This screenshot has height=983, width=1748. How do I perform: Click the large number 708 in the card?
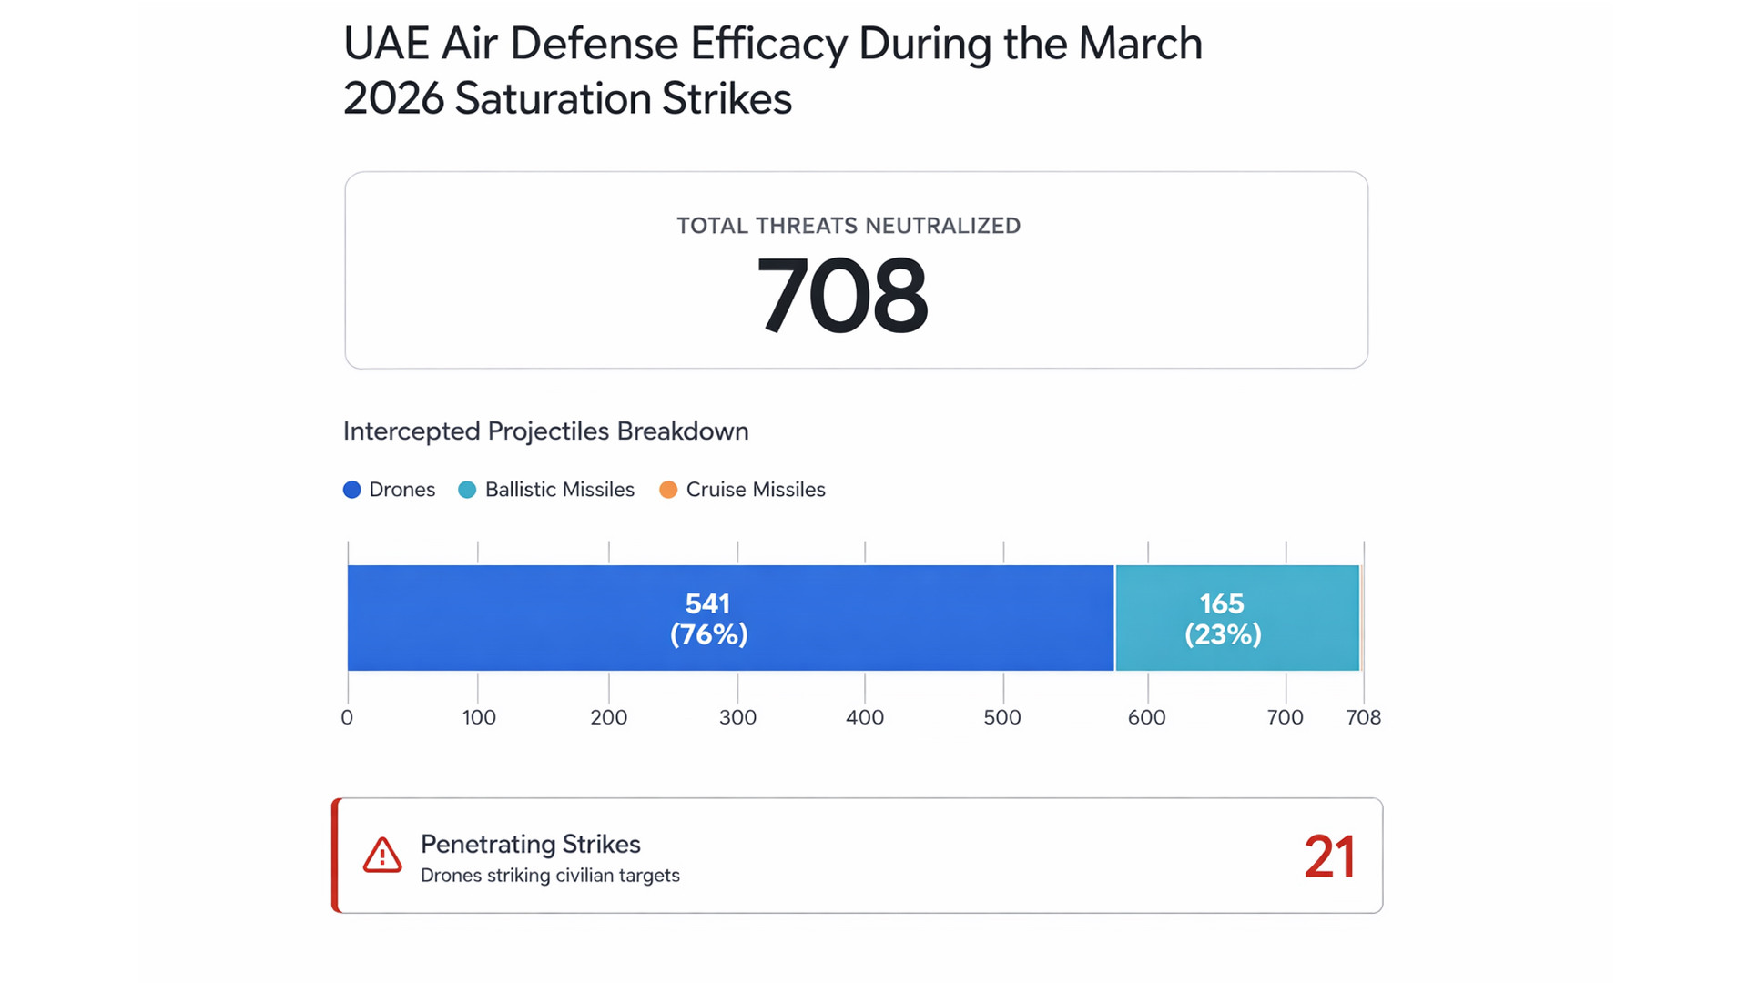842,296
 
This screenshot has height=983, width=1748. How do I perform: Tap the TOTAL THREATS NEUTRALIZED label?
849,226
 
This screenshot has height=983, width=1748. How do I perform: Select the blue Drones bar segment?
546,618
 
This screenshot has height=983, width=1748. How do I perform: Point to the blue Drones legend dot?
352,490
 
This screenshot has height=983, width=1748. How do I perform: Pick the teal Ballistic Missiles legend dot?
467,490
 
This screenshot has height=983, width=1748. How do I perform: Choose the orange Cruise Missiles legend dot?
668,490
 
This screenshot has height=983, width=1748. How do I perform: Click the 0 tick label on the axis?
347,717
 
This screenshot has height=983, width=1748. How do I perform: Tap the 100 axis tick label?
479,717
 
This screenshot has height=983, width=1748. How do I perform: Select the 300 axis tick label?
737,717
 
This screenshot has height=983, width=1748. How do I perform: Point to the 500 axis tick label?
1002,717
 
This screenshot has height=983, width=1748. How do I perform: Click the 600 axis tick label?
1147,717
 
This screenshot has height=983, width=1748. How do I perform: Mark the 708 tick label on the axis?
1364,717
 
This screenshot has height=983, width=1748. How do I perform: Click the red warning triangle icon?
382,856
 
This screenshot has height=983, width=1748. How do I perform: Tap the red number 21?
1329,856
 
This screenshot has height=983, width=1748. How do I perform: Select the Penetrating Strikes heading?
531,844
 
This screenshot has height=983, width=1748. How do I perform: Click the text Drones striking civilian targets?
550,876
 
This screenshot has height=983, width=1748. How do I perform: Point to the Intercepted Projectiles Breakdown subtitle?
546,431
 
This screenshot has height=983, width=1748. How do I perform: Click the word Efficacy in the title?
768,44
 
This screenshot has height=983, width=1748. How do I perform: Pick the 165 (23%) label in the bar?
1223,619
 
